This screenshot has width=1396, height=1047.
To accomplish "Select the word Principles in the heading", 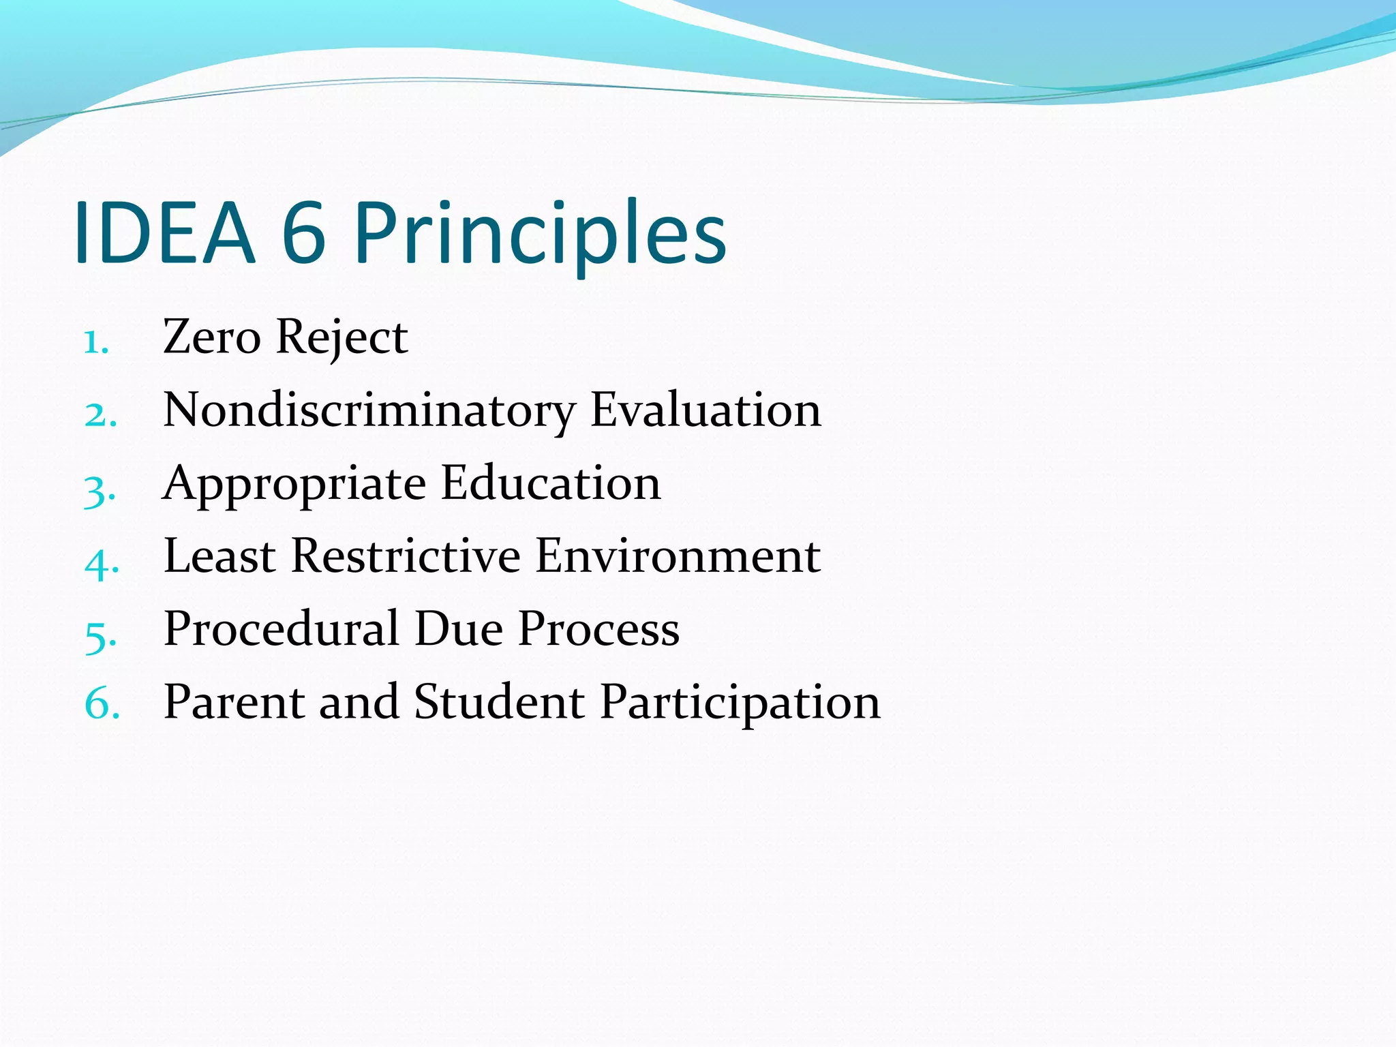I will (x=541, y=233).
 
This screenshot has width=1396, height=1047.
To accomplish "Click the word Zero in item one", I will (x=212, y=337).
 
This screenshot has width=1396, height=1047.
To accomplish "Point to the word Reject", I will (x=342, y=338).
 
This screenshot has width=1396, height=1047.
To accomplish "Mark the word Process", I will (x=598, y=628).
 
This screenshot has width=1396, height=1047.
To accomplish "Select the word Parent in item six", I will (x=233, y=702).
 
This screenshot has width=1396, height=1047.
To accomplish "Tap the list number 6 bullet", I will (x=102, y=703).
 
